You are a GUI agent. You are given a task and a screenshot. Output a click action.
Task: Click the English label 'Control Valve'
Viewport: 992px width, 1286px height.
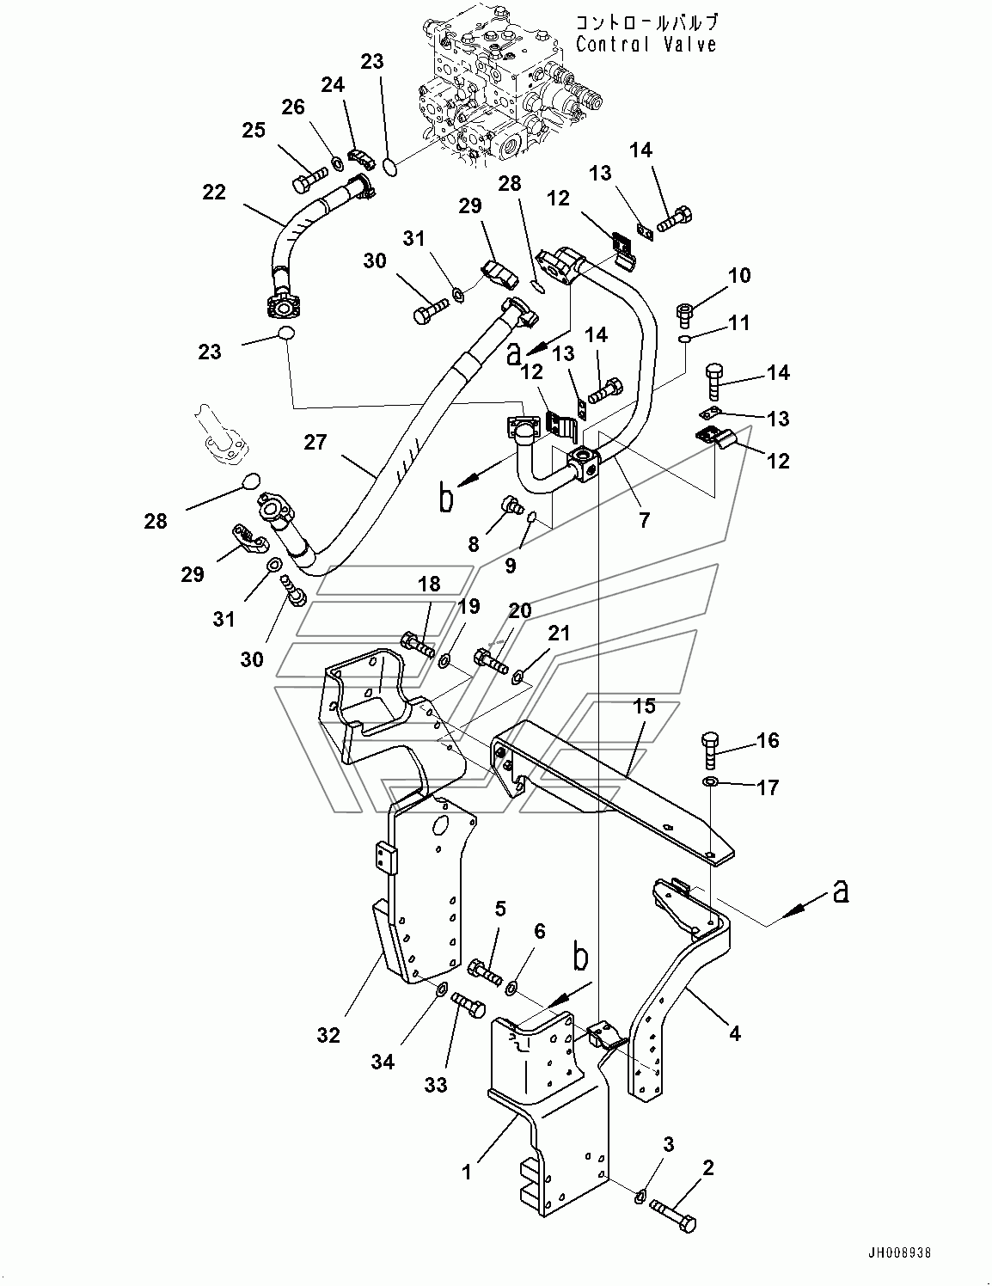click(x=646, y=45)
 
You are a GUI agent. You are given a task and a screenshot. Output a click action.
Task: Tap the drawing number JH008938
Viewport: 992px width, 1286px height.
click(x=900, y=1252)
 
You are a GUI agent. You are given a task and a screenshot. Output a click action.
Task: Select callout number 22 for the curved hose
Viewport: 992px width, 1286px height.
click(x=213, y=193)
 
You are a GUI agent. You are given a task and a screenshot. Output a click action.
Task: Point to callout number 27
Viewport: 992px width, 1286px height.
click(x=315, y=442)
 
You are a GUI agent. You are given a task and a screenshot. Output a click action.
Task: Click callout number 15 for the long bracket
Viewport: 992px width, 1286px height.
click(x=644, y=706)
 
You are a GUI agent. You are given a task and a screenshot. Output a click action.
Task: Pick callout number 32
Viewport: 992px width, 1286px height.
click(x=328, y=1035)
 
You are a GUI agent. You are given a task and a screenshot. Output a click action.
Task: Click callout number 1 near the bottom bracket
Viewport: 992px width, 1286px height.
click(x=467, y=1172)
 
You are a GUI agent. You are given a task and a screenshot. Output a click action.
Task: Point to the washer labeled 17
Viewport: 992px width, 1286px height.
click(x=710, y=782)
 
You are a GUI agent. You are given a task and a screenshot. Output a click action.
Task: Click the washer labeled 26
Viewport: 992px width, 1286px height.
click(x=338, y=162)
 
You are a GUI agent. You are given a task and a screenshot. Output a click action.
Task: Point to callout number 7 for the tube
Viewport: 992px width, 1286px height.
click(x=644, y=519)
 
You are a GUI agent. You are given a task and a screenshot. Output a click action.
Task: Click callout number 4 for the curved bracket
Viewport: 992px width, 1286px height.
click(x=734, y=1034)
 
